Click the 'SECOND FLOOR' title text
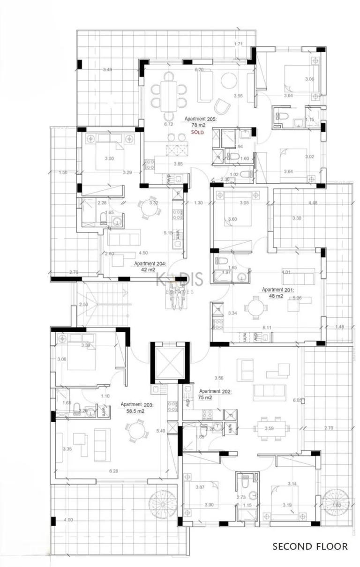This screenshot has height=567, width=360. click(310, 546)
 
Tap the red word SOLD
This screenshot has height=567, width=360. click(198, 133)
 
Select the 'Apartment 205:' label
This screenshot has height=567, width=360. click(200, 119)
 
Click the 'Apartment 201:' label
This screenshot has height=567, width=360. click(277, 290)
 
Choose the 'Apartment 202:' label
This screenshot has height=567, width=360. click(215, 391)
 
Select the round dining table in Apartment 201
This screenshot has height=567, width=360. click(256, 308)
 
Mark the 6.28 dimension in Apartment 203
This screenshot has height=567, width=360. click(113, 471)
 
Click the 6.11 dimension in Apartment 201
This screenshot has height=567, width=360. click(267, 328)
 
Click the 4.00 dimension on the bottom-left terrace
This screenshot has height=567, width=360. click(68, 520)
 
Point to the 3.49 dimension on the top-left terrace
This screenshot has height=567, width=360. click(107, 70)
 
